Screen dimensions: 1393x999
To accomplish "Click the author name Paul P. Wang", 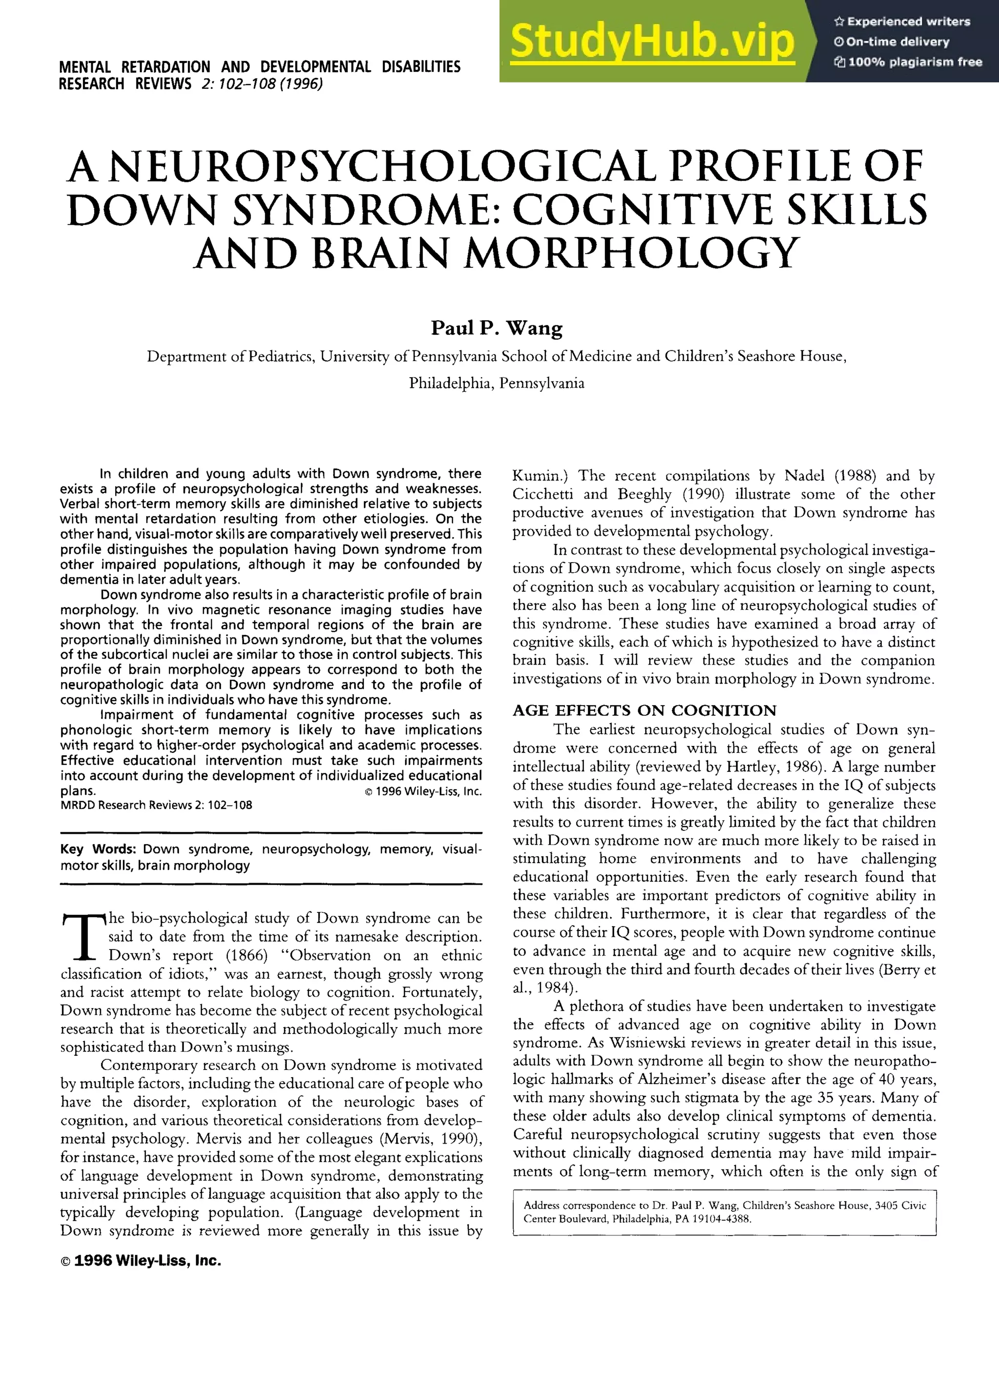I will tap(496, 328).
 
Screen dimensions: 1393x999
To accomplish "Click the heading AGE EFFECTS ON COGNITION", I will tap(644, 710).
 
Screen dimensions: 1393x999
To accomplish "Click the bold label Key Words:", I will tap(98, 849).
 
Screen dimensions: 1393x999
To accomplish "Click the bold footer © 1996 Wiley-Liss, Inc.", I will tap(140, 1261).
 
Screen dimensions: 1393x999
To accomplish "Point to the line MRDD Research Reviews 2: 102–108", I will tap(156, 805).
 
